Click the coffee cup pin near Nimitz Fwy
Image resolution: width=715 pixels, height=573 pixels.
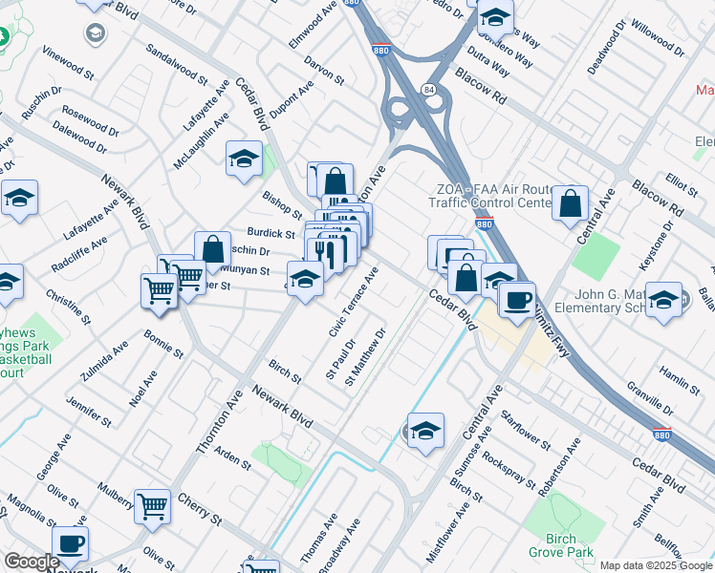tap(517, 301)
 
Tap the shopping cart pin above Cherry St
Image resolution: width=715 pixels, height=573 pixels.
tap(152, 507)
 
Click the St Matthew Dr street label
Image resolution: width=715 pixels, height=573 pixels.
tap(366, 358)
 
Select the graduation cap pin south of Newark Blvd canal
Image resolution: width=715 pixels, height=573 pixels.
tap(425, 432)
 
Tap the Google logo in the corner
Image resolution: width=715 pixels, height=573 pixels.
tap(31, 562)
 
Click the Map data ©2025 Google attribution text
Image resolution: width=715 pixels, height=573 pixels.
tap(656, 565)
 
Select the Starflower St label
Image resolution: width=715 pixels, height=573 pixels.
tap(525, 431)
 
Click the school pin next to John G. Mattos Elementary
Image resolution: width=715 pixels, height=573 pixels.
tap(663, 300)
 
